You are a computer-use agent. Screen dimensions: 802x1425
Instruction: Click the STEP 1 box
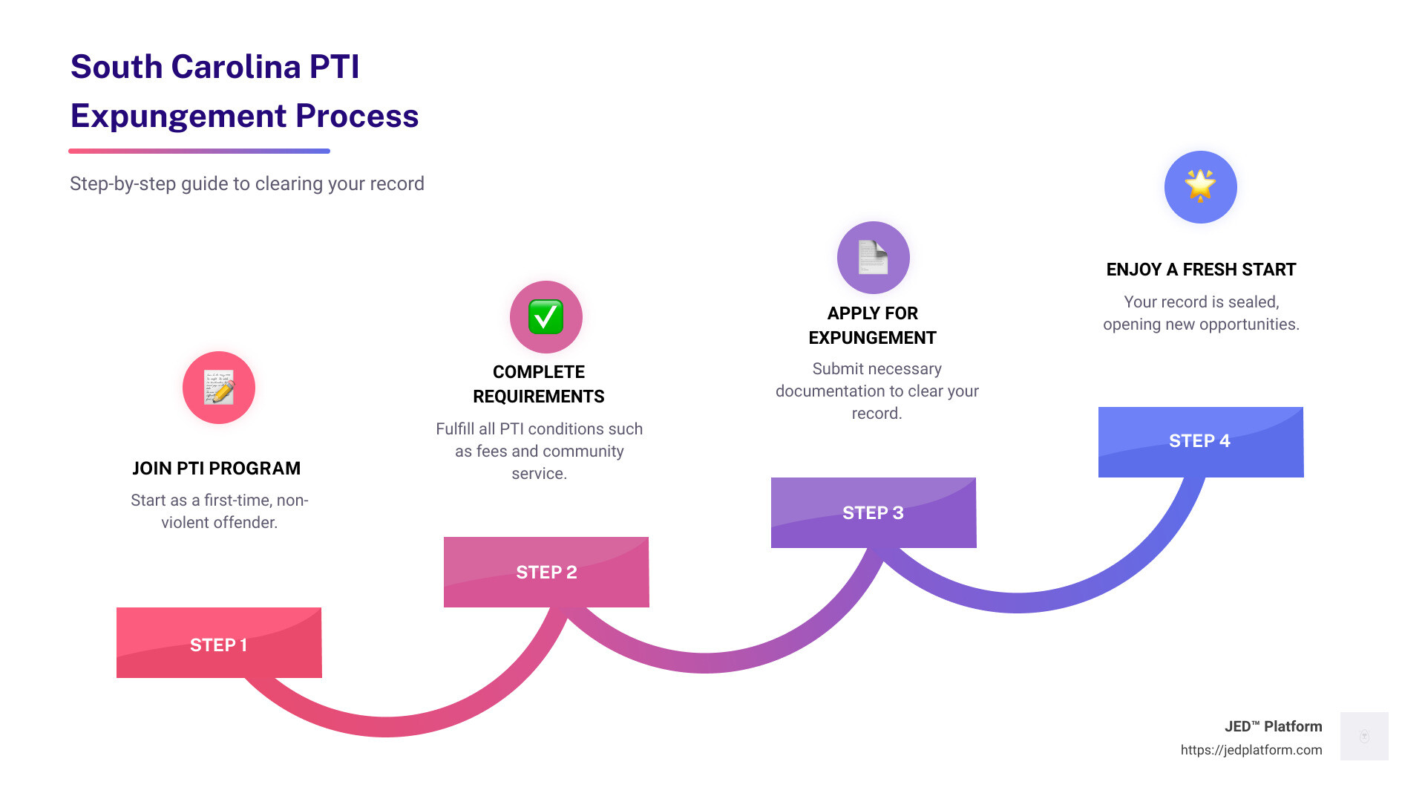[219, 643]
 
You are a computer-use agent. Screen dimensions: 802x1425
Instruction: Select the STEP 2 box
[546, 572]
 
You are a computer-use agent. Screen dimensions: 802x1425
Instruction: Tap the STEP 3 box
[874, 512]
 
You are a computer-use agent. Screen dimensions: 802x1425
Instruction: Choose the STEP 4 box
[1200, 441]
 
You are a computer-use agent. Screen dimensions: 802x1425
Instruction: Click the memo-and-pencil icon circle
[219, 388]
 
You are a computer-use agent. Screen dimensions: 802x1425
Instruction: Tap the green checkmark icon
[546, 317]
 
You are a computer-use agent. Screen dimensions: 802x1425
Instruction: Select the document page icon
[874, 258]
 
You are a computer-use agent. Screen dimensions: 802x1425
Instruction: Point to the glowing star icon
[1200, 186]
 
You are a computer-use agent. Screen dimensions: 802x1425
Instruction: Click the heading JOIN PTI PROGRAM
[217, 469]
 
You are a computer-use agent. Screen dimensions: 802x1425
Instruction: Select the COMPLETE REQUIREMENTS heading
[539, 384]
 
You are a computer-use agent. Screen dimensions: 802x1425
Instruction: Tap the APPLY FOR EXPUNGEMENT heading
[873, 325]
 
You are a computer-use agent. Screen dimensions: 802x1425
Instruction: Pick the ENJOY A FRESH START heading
[1201, 270]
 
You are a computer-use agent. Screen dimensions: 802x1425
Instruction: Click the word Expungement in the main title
[178, 116]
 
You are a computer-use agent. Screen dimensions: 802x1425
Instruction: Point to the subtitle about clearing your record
[247, 183]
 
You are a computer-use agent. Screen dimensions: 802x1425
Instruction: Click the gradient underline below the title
[199, 151]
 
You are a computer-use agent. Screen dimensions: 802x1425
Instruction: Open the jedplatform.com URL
[1251, 750]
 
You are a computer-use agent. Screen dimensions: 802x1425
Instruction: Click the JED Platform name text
[1273, 726]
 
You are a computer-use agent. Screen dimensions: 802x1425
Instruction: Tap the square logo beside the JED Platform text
[1364, 736]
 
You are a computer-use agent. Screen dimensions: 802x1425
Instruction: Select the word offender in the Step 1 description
[245, 523]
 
